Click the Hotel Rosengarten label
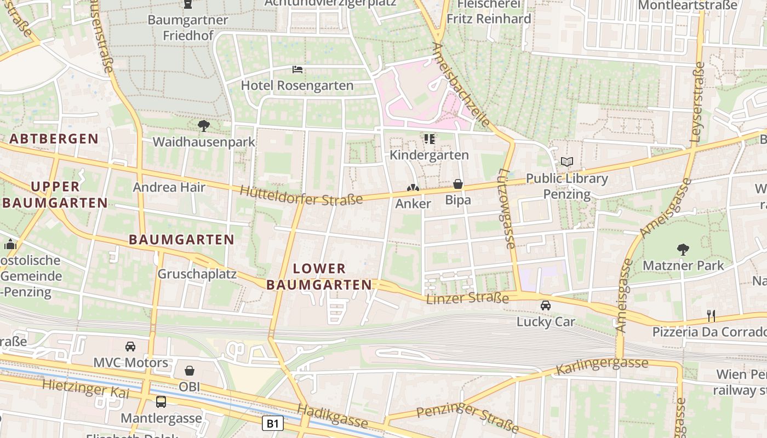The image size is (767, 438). [x=297, y=85]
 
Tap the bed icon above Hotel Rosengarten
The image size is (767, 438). [x=297, y=70]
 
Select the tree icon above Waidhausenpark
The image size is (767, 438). [x=204, y=126]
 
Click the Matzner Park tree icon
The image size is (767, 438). [x=683, y=250]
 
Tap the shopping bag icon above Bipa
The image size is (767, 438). [x=458, y=184]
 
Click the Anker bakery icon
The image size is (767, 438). [x=413, y=188]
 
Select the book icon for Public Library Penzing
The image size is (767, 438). [x=566, y=162]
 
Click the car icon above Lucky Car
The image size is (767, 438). [x=546, y=306]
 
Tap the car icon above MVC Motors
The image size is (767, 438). [x=130, y=346]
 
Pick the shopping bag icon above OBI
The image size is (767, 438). [x=190, y=371]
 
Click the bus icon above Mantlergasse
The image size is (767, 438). [x=161, y=402]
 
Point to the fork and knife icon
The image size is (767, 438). [x=711, y=315]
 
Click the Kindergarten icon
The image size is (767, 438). [x=430, y=139]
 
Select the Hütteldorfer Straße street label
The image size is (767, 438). [x=301, y=195]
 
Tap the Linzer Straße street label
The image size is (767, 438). [x=467, y=298]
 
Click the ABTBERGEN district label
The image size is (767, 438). [x=54, y=139]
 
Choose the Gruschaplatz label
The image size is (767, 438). [x=197, y=274]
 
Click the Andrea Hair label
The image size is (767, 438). [x=169, y=187]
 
